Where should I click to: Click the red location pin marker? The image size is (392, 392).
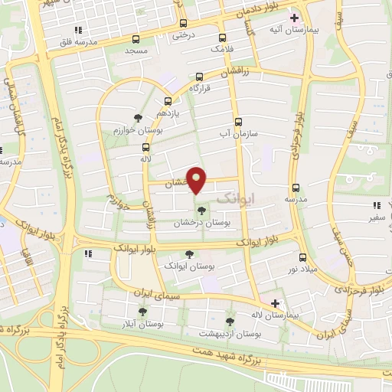[x=197, y=179]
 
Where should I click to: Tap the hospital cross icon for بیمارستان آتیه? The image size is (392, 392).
[x=294, y=17]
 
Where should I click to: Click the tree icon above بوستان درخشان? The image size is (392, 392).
[x=201, y=210]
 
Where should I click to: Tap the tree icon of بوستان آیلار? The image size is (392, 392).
[x=142, y=311]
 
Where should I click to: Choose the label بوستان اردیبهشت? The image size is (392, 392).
[x=230, y=333]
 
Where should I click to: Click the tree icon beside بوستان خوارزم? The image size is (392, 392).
[x=138, y=118]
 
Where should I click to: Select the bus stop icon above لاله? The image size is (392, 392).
[x=145, y=146]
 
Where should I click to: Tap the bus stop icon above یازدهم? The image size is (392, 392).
[x=168, y=100]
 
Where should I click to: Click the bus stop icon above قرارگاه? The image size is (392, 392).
[x=200, y=77]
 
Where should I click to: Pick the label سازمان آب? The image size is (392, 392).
[x=237, y=133]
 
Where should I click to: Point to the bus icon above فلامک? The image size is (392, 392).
[x=222, y=38]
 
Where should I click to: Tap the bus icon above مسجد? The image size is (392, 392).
[x=136, y=39]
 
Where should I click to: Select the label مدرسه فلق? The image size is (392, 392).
[x=80, y=43]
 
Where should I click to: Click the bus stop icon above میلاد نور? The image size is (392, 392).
[x=302, y=257]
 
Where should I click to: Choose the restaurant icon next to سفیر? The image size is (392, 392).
[x=376, y=205]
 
